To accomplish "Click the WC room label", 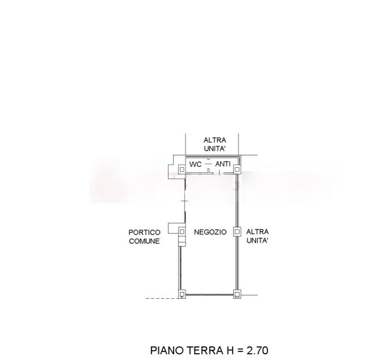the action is [x=195, y=164].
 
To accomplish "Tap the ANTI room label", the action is [x=223, y=164].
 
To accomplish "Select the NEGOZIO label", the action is [x=210, y=232].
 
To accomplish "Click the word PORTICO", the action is [x=145, y=232].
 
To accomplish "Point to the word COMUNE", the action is [x=144, y=242].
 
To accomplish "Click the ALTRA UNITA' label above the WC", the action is [x=215, y=145].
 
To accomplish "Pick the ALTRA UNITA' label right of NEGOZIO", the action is [x=258, y=236].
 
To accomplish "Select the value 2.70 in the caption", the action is [x=257, y=350].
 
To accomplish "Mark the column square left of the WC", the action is [x=182, y=170].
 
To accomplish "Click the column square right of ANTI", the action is [x=237, y=170].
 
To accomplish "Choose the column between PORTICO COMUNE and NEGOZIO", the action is [x=182, y=232].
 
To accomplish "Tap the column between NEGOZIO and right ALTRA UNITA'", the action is [x=237, y=232].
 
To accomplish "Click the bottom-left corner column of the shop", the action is [x=182, y=294].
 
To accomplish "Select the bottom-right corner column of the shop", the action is [x=237, y=294].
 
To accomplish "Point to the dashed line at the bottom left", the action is [x=162, y=299].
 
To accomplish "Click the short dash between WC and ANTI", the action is [x=208, y=164].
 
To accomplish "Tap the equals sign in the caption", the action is [x=240, y=351].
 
